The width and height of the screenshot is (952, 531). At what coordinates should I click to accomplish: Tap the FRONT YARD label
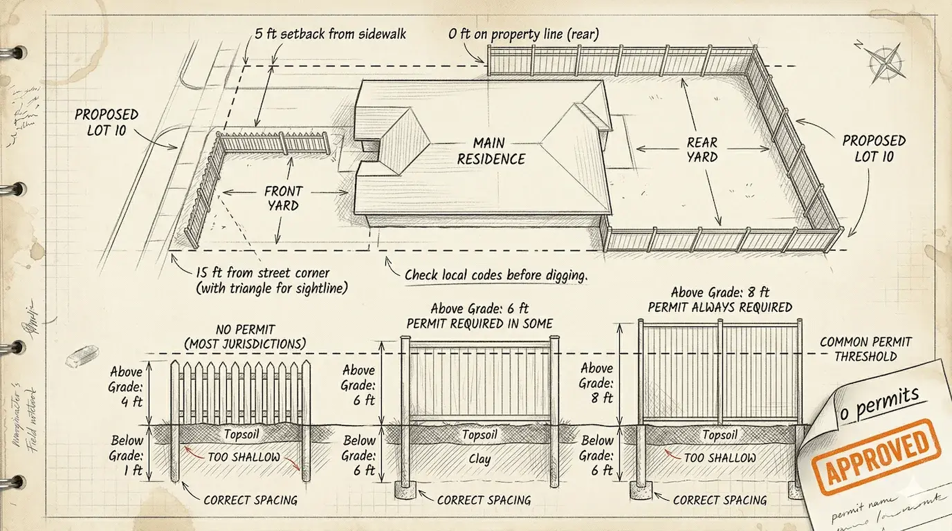[x=282, y=198]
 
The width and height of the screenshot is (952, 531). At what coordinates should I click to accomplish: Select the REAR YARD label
[x=702, y=149]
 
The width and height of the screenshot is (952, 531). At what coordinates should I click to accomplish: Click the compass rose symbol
[x=886, y=61]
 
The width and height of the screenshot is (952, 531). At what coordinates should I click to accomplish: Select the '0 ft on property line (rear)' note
[x=524, y=33]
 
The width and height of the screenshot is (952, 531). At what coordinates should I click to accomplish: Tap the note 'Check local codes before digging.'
[x=495, y=274]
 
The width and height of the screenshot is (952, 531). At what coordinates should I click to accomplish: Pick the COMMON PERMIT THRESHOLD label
[x=865, y=349]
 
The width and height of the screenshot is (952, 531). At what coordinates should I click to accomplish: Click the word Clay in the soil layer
[x=479, y=458]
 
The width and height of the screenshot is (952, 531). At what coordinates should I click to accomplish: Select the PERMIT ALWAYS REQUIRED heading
[x=720, y=306]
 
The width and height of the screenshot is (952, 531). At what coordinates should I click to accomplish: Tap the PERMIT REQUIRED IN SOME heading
[x=479, y=323]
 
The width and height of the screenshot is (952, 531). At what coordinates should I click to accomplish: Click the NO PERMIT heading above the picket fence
[x=245, y=337]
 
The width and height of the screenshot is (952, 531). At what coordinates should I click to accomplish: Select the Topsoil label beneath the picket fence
[x=241, y=434]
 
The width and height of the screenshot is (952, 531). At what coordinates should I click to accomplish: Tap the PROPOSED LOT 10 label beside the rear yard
[x=874, y=149]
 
